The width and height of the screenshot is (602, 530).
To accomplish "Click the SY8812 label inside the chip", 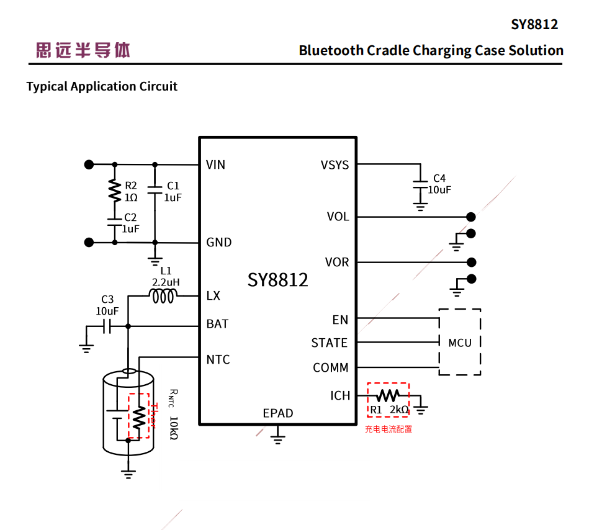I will pyautogui.click(x=277, y=280).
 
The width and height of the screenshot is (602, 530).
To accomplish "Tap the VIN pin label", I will pyautogui.click(x=215, y=164).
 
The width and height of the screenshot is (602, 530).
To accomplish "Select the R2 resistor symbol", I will pyautogui.click(x=114, y=191).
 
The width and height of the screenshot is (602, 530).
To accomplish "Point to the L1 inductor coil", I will pyautogui.click(x=163, y=297).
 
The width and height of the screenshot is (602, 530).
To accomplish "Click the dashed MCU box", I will pyautogui.click(x=460, y=342).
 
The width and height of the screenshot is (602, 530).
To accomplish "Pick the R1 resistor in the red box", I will pyautogui.click(x=388, y=395).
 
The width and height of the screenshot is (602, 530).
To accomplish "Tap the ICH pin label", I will pyautogui.click(x=340, y=395).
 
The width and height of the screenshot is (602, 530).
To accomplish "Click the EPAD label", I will pyautogui.click(x=277, y=413).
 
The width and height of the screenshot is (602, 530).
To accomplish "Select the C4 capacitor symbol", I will pyautogui.click(x=421, y=184).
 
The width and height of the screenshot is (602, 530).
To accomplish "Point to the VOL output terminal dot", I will pyautogui.click(x=471, y=217).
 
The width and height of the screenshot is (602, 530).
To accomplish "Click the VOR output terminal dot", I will pyautogui.click(x=471, y=262).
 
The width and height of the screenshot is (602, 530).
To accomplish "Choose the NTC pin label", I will pyautogui.click(x=218, y=359).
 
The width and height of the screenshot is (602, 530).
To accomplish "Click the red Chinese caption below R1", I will pyautogui.click(x=388, y=429).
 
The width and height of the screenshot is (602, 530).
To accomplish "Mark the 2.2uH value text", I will pyautogui.click(x=166, y=282).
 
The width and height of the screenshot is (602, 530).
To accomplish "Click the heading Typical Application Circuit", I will pyautogui.click(x=102, y=86).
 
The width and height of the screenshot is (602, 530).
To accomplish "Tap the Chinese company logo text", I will pyautogui.click(x=83, y=50).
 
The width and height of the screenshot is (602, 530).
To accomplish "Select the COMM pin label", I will pyautogui.click(x=331, y=367).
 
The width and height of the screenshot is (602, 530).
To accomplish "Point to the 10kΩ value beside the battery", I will pyautogui.click(x=173, y=428).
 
